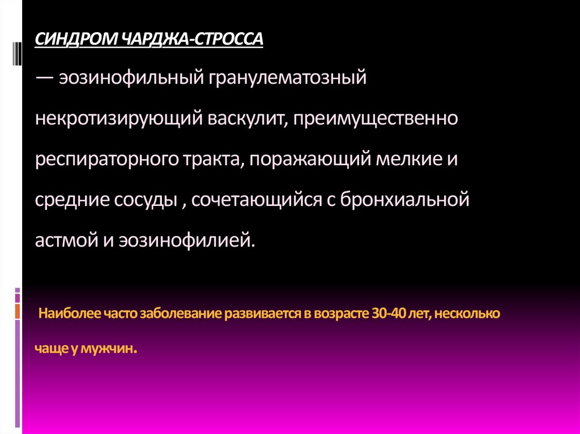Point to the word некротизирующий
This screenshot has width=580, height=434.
118,118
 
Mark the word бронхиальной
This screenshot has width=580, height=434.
404,200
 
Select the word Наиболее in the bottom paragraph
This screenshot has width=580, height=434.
61,313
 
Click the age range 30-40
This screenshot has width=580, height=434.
389,313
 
